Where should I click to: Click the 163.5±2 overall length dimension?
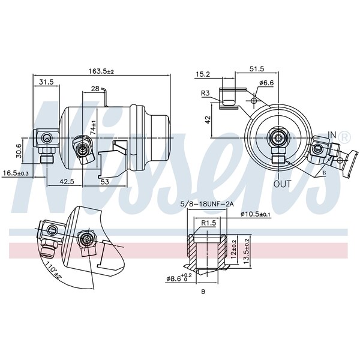coord(101,71)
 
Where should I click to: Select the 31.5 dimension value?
coord(46,82)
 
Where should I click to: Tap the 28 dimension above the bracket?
coord(95,89)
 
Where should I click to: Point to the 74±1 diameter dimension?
coord(93,128)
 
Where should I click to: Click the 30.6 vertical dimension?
coord(19,151)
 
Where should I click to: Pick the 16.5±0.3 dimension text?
coord(15,173)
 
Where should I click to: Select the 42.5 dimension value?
coord(67,182)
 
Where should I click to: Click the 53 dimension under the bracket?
coord(104,182)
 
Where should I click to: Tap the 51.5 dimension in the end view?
coord(257,69)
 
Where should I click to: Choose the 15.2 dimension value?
coord(203,74)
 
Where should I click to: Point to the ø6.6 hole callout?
coord(266,83)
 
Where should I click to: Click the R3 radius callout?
coord(205,93)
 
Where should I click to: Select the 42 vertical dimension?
coord(208,119)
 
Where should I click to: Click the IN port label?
coord(332,135)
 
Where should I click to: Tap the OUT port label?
coord(283,184)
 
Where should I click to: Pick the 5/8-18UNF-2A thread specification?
coord(207,204)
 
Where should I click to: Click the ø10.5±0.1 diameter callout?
coord(256,214)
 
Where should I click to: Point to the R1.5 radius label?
coord(209,223)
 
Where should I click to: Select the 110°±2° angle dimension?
coord(54,271)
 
